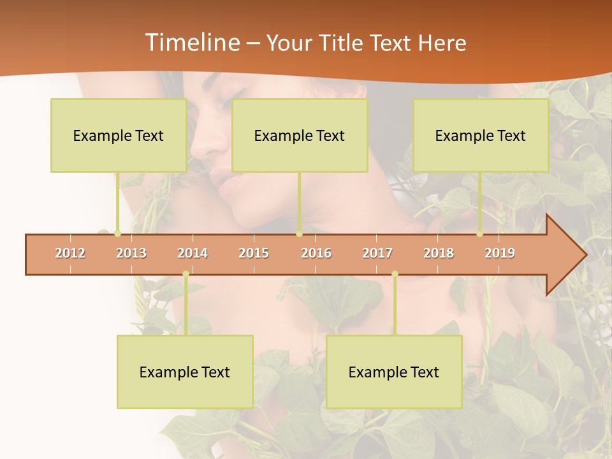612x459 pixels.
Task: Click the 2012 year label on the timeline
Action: pos(70,253)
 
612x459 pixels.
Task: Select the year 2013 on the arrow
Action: pos(131,253)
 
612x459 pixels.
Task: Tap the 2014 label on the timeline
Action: pos(193,253)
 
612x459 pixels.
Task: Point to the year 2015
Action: pos(254,253)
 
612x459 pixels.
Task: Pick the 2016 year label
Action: pos(316,253)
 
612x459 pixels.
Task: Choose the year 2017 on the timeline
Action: pos(377,253)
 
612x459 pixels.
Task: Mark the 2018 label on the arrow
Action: pos(439,253)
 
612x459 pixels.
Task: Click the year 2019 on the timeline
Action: pos(500,253)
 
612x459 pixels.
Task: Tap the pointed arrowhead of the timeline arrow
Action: pos(571,255)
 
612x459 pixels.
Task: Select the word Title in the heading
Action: pos(342,43)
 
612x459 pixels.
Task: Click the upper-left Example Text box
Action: pos(119,135)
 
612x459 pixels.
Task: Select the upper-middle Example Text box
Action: pos(300,135)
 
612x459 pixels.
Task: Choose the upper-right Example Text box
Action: pos(481,135)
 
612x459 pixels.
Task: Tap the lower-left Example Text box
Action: pos(185,372)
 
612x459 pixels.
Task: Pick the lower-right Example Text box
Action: pos(394,372)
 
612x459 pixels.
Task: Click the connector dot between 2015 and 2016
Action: pos(300,234)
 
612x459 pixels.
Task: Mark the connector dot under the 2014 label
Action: pos(186,274)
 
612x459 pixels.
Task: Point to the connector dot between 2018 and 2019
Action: pos(480,234)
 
